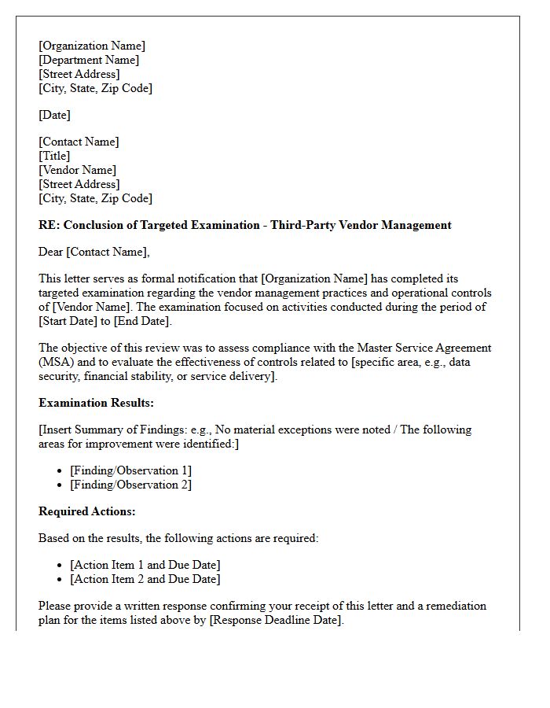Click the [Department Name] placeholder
(x=89, y=60)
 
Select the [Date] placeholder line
(x=54, y=115)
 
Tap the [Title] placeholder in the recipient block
(x=54, y=156)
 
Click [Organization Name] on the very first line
(x=92, y=46)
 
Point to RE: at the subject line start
(x=49, y=225)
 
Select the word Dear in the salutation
(x=51, y=252)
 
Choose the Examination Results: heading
(x=96, y=403)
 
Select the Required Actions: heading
(x=87, y=511)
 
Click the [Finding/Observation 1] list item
(x=130, y=470)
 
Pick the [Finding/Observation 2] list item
(x=130, y=485)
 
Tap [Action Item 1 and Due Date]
(x=145, y=565)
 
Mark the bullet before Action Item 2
(x=60, y=580)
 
